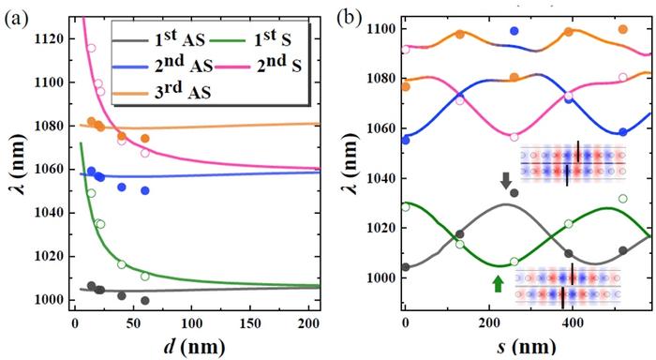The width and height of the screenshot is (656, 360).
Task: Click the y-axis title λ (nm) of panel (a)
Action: coord(12,169)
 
